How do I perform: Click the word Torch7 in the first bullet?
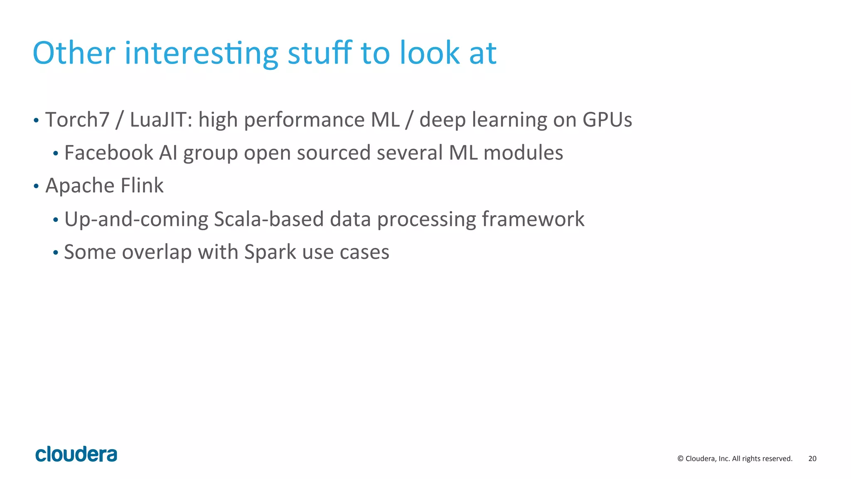[77, 120]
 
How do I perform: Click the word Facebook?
[108, 153]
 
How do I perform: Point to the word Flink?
[142, 186]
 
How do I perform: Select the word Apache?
[80, 186]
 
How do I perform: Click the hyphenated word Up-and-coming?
[136, 219]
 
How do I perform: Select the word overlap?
[157, 252]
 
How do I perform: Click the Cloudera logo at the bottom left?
[76, 454]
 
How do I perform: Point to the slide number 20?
[812, 459]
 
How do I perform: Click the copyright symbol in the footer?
[680, 459]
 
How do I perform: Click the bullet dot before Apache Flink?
[36, 186]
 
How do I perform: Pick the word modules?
[523, 153]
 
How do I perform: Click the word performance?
[304, 120]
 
